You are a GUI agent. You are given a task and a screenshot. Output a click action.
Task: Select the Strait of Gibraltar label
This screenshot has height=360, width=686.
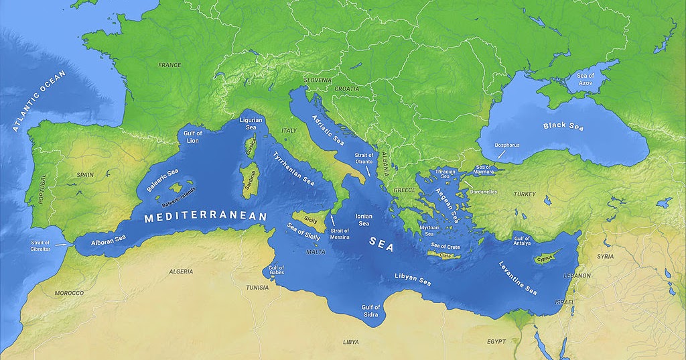click(x=41, y=246)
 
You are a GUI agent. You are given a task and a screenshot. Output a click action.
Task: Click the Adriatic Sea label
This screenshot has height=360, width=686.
click(x=328, y=129)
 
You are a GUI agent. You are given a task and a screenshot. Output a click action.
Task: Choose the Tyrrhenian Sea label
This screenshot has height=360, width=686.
click(x=293, y=168)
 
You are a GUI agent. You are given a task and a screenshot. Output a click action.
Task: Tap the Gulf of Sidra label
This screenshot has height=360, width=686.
click(x=370, y=311)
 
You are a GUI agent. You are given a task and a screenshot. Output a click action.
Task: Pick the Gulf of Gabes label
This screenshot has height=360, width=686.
click(x=277, y=272)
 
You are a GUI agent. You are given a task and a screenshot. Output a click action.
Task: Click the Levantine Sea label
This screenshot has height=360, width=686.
click(x=518, y=278)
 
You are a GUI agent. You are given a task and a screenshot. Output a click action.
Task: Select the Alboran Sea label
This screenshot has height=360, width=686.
click(x=109, y=238)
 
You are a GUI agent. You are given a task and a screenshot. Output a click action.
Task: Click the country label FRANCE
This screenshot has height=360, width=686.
click(x=169, y=65)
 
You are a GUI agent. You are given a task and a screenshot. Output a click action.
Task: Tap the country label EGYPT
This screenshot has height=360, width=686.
click(x=496, y=342)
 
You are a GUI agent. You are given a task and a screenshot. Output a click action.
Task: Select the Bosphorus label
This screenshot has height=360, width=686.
click(x=506, y=145)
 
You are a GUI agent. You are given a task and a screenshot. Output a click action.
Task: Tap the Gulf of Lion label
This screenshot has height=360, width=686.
click(x=192, y=137)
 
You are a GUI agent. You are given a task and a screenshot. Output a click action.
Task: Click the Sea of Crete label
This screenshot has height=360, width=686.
click(x=445, y=246)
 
